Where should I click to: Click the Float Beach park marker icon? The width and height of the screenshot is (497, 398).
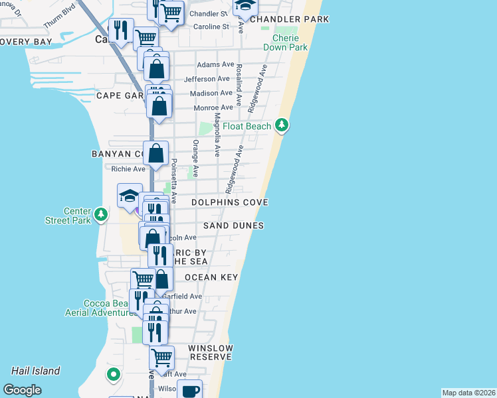pyautogui.click(x=282, y=124)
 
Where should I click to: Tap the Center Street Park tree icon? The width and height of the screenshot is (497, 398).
pyautogui.click(x=100, y=214)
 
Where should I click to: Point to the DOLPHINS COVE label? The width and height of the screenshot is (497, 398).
pyautogui.click(x=229, y=202)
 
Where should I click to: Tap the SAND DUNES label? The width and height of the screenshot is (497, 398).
pyautogui.click(x=233, y=226)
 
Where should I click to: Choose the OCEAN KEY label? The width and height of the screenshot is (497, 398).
pyautogui.click(x=211, y=277)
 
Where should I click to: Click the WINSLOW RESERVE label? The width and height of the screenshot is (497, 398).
pyautogui.click(x=211, y=352)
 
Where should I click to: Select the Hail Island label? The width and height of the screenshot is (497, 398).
pyautogui.click(x=36, y=371)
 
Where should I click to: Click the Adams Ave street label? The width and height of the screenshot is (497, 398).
pyautogui.click(x=216, y=64)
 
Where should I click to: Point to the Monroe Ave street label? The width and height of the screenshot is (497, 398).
pyautogui.click(x=213, y=107)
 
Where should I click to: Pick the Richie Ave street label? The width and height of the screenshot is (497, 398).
pyautogui.click(x=128, y=169)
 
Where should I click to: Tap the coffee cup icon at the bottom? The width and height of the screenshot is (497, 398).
pyautogui.click(x=189, y=391)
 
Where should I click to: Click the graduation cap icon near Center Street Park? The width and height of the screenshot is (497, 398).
pyautogui.click(x=130, y=195)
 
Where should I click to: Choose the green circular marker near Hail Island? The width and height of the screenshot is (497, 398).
pyautogui.click(x=114, y=375)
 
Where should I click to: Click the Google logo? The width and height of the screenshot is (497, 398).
pyautogui.click(x=22, y=390)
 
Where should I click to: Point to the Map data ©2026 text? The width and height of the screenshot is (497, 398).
pyautogui.click(x=468, y=393)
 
